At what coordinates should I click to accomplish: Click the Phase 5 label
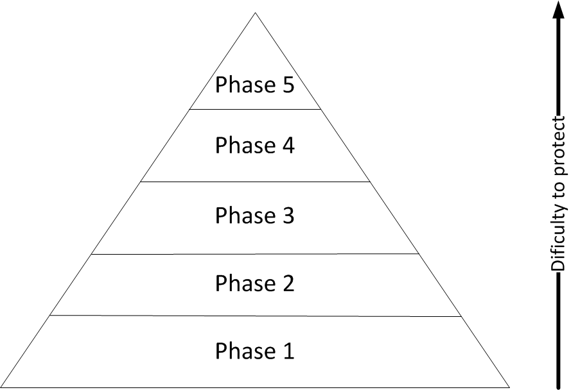click(x=254, y=85)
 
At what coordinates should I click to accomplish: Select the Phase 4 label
click(x=254, y=145)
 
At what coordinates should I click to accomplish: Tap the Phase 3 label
click(x=254, y=215)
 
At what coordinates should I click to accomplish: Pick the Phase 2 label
click(x=254, y=283)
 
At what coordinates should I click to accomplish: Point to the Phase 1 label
click(x=254, y=350)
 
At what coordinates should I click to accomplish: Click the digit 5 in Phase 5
click(x=287, y=85)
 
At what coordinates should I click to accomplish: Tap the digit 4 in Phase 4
click(x=288, y=145)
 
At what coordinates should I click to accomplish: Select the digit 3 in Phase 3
click(x=287, y=216)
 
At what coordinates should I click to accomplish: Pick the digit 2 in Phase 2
click(x=288, y=283)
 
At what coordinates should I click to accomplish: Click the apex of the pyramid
click(x=255, y=13)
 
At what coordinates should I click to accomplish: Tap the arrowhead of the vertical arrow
click(x=558, y=10)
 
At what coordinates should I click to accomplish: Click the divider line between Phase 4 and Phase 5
click(x=255, y=109)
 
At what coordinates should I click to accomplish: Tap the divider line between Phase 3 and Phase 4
click(x=255, y=182)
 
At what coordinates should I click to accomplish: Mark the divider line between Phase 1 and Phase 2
click(x=255, y=316)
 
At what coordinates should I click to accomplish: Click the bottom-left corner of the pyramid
click(x=1, y=387)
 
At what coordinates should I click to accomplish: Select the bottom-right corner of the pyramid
click(x=509, y=387)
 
